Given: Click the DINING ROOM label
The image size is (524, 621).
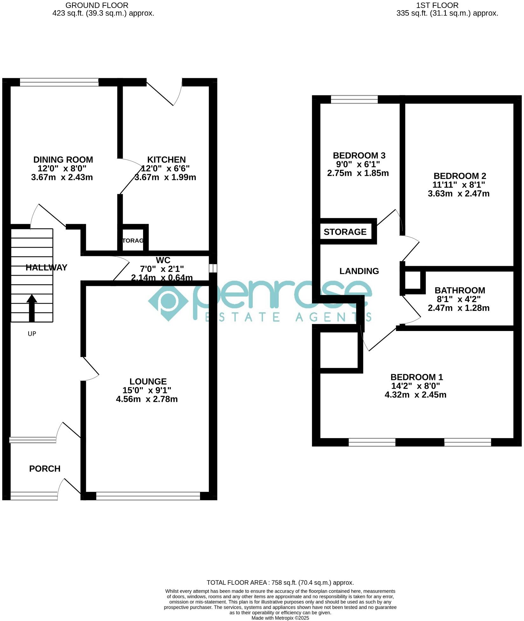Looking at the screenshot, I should [x=63, y=160].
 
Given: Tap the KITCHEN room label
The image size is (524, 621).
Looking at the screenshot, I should [x=166, y=160].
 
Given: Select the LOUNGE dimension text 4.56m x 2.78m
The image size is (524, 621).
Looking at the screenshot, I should [x=147, y=399].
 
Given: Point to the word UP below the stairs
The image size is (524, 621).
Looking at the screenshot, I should [x=32, y=334].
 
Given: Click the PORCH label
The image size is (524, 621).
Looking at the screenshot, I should [x=45, y=468].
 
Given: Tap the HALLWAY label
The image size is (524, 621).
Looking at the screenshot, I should [x=46, y=267].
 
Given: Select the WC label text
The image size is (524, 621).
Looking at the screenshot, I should [x=163, y=260].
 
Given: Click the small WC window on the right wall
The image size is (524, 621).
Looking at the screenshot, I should [x=213, y=268].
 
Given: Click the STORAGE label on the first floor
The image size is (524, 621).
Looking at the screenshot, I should [x=345, y=232].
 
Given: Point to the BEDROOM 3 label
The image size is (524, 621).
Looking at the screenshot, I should [x=359, y=155].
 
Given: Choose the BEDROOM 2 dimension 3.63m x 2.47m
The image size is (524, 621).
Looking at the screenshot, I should [x=459, y=193].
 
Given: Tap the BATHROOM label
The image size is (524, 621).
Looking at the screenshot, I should [x=459, y=290].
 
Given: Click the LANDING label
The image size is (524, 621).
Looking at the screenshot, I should [x=359, y=271].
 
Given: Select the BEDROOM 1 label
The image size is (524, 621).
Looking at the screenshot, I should [x=416, y=377].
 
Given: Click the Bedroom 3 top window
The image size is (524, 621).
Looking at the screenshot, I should [x=354, y=100].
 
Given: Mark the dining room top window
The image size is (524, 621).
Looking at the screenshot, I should [x=59, y=82].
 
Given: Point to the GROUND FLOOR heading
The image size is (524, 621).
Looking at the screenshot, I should [x=97, y=5].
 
